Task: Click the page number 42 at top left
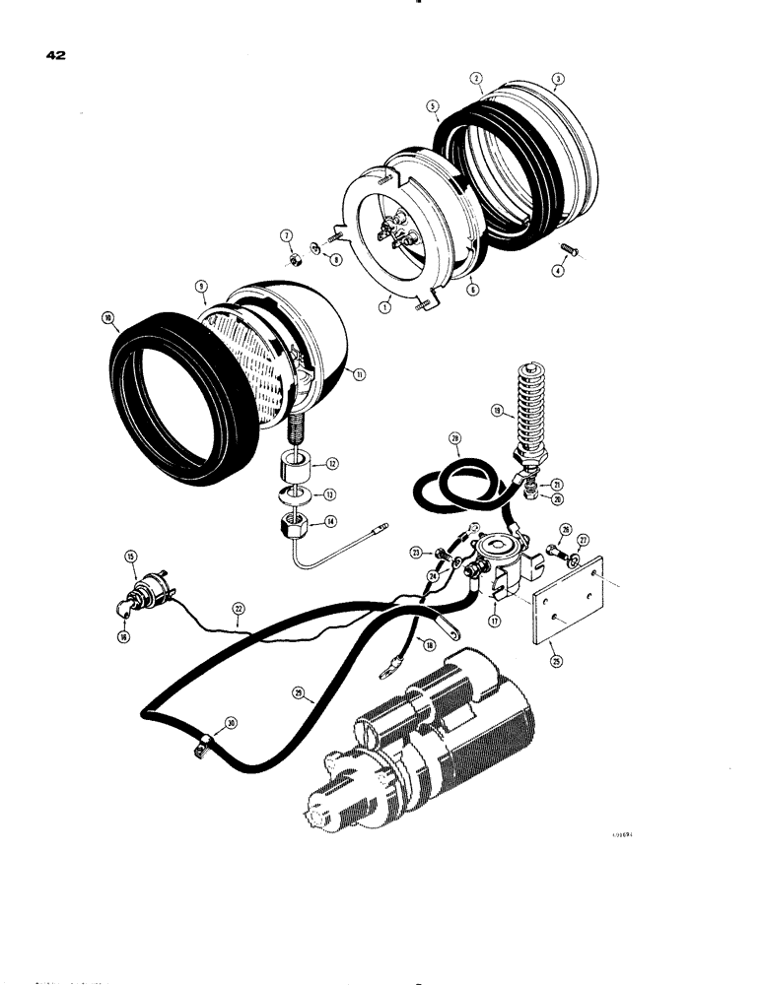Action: (x=54, y=57)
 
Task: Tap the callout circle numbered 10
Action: (x=106, y=318)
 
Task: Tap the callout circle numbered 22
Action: (x=237, y=609)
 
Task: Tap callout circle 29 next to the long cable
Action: (x=299, y=693)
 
